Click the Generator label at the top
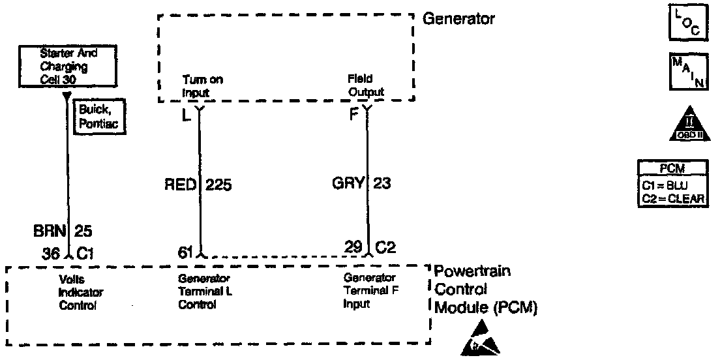point(458,19)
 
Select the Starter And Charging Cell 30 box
point(68,67)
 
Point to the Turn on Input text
point(202,86)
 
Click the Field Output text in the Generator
point(366,85)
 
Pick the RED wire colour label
point(181,185)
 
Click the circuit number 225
point(218,185)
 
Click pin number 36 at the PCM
point(50,252)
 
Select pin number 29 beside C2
point(353,247)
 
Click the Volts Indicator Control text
point(77,291)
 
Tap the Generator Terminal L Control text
point(205,292)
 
